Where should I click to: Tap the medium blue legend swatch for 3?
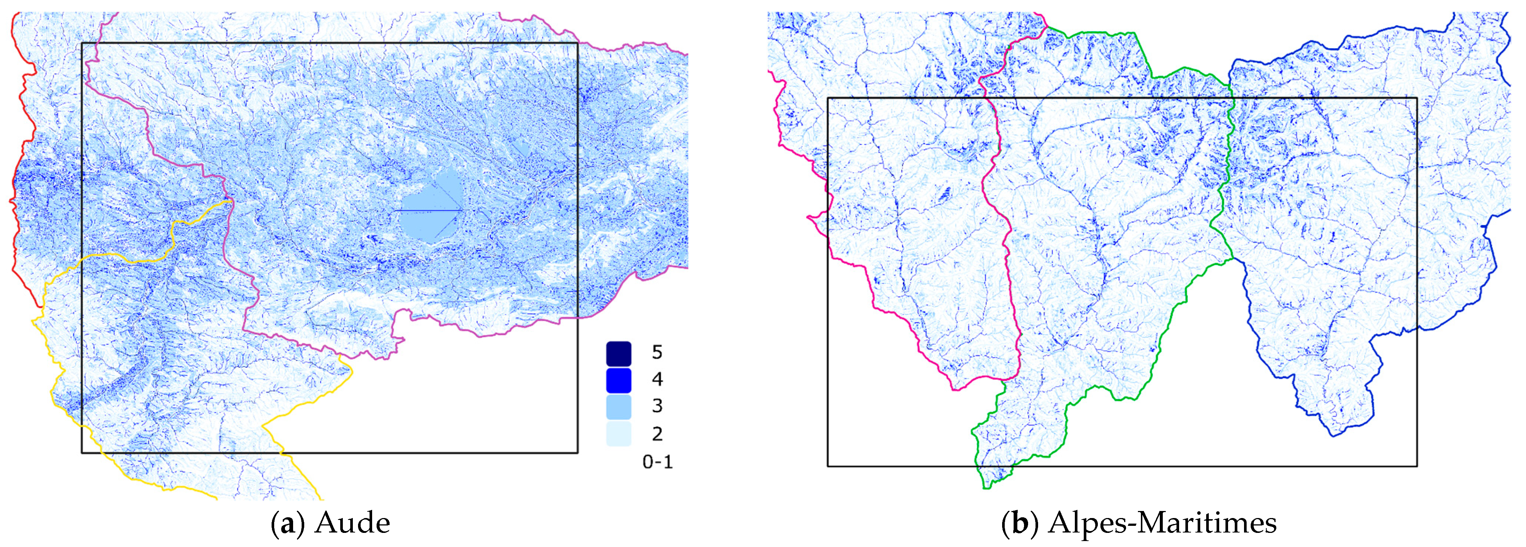(618, 407)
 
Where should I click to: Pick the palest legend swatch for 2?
(618, 434)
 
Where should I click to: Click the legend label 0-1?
(657, 462)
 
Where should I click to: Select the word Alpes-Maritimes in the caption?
(1162, 523)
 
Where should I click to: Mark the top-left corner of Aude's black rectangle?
(82, 43)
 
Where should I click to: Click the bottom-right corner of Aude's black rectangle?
(578, 453)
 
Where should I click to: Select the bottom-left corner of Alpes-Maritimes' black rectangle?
(828, 466)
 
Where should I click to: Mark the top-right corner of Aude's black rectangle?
(578, 43)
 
